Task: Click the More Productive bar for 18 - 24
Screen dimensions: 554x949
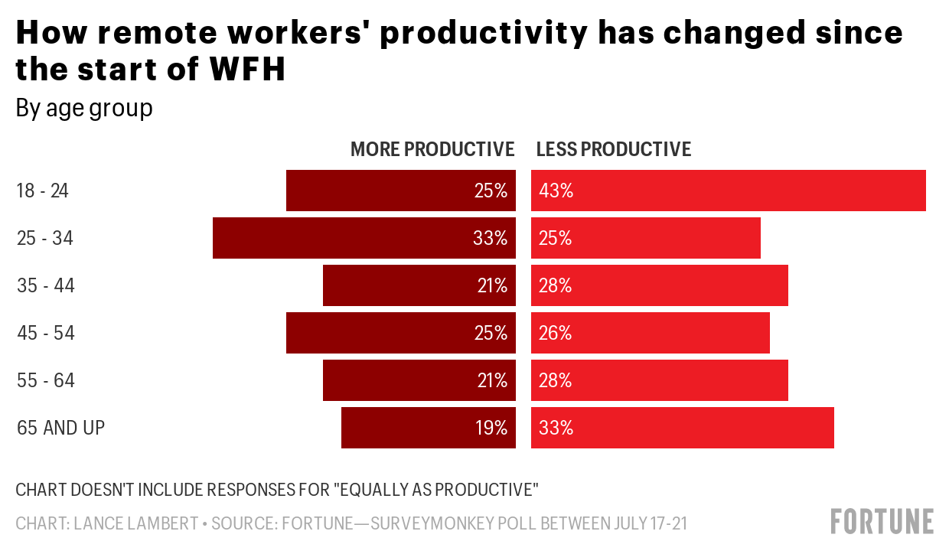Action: (383, 191)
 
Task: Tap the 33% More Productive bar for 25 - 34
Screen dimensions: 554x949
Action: (344, 238)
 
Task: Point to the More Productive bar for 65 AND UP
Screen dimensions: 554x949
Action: (413, 428)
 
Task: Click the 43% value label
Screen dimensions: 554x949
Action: (556, 191)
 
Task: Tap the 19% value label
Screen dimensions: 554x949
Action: (492, 428)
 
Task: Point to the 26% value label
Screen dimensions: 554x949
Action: (556, 333)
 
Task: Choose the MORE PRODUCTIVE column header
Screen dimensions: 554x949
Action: (432, 149)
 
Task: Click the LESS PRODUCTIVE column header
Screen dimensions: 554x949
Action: (614, 149)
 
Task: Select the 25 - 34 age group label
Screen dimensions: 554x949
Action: (45, 238)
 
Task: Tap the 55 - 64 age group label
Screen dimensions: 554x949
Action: (46, 380)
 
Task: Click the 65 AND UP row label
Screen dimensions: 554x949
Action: (60, 428)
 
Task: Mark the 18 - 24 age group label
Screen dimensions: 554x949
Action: (43, 191)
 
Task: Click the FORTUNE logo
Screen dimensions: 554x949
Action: (882, 521)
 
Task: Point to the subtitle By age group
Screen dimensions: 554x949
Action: (84, 109)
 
